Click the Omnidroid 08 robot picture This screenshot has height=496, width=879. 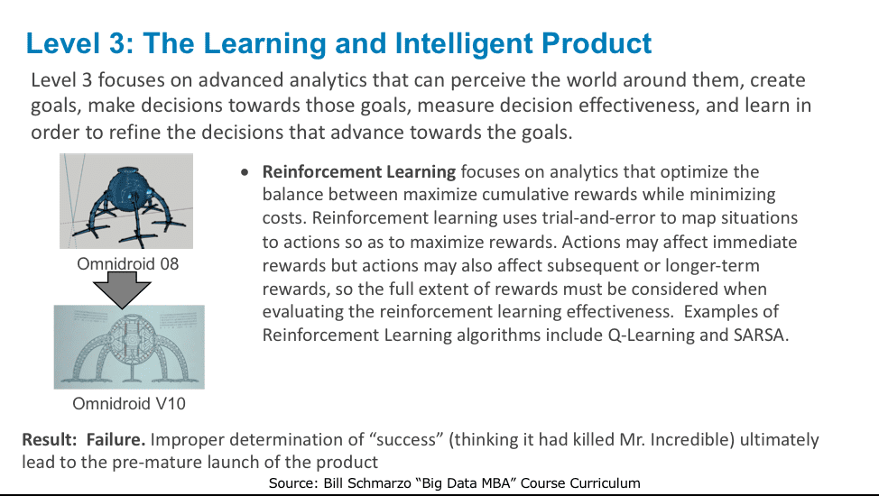(126, 200)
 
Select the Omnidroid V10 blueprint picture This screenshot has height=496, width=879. (129, 347)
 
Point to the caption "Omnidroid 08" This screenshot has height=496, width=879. (128, 264)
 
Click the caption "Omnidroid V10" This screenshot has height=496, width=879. (129, 403)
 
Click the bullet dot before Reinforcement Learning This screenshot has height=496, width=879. (245, 172)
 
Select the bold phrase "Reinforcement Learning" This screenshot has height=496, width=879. (359, 171)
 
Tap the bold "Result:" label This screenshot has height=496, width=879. (50, 439)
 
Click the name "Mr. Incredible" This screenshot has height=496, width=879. (677, 439)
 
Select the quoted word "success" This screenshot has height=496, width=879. (406, 439)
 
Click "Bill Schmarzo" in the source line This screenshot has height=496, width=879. (367, 483)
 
